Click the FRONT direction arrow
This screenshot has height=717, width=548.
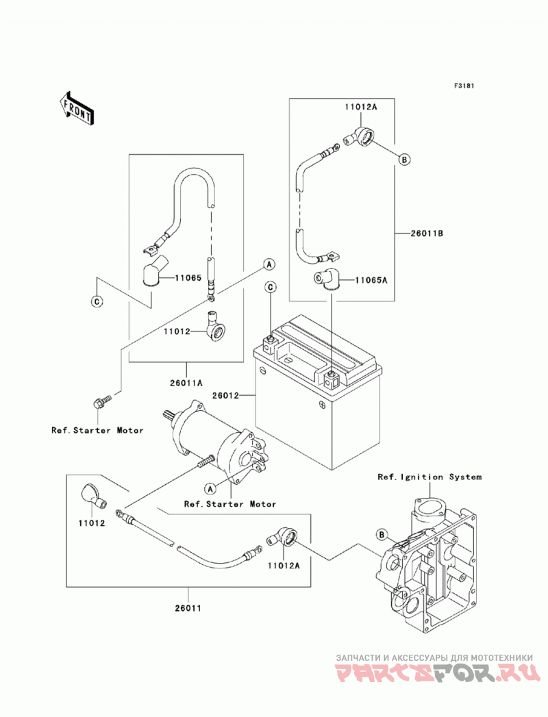pyautogui.click(x=76, y=108)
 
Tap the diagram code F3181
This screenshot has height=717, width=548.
pyautogui.click(x=464, y=86)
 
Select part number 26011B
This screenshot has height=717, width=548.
pyautogui.click(x=426, y=234)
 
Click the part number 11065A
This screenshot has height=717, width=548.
pyautogui.click(x=371, y=280)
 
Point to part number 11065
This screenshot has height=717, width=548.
pyautogui.click(x=188, y=277)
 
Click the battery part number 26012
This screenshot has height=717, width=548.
pyautogui.click(x=225, y=395)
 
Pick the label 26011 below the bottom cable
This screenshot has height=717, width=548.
pyautogui.click(x=188, y=608)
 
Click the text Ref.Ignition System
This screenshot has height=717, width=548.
pyautogui.click(x=429, y=477)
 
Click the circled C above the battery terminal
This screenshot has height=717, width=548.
pyautogui.click(x=271, y=287)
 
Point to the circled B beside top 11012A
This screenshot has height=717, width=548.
pyautogui.click(x=404, y=159)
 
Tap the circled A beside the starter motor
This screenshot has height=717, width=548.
pyautogui.click(x=210, y=489)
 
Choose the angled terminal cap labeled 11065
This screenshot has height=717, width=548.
pyautogui.click(x=153, y=271)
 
